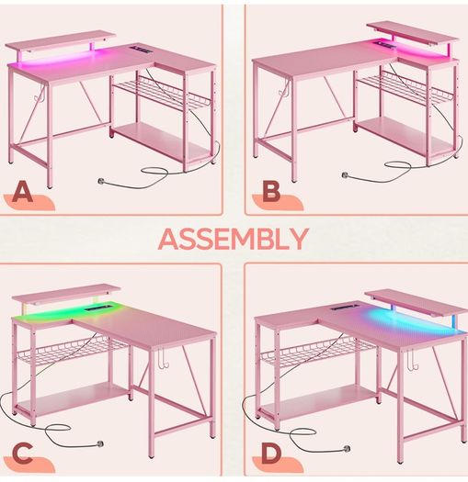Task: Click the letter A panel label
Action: (x=22, y=192)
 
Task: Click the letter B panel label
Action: (x=271, y=191)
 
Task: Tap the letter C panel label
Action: (x=22, y=454)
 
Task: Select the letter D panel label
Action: (x=271, y=454)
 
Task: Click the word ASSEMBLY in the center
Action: (x=234, y=239)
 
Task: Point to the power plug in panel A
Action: (x=101, y=181)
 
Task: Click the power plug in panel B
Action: (x=346, y=175)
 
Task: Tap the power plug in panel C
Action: (x=99, y=443)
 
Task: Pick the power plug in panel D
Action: (x=347, y=448)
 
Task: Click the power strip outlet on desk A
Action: (x=139, y=50)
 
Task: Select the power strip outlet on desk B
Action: (x=383, y=46)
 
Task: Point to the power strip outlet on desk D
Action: (x=342, y=306)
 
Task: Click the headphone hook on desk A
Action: (x=40, y=94)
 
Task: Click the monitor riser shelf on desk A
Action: (x=61, y=41)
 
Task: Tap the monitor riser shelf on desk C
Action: (x=65, y=293)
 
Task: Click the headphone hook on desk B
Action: (x=283, y=87)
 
